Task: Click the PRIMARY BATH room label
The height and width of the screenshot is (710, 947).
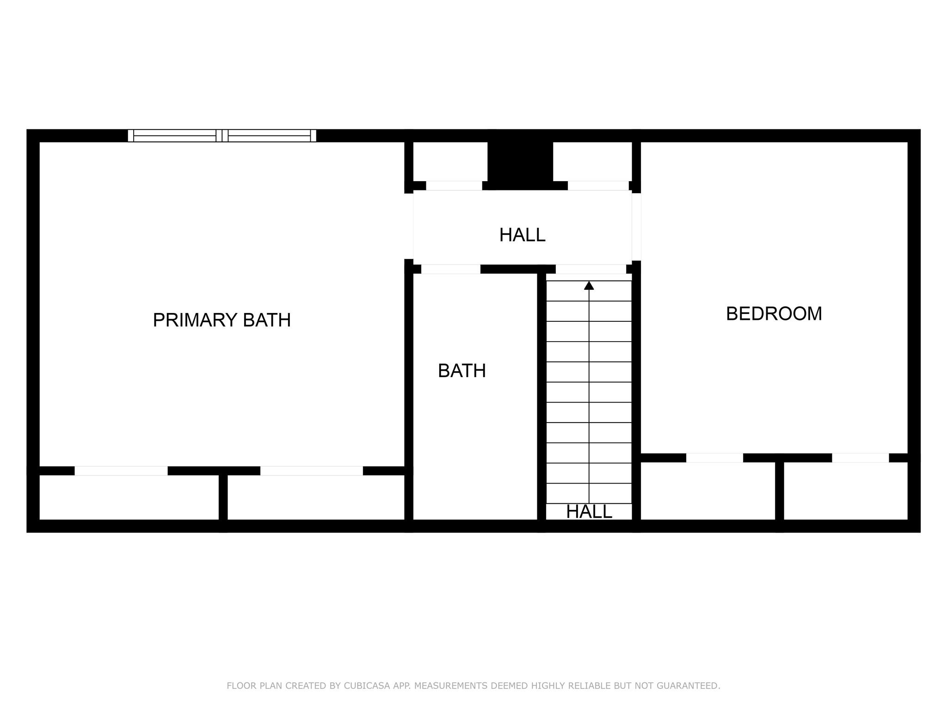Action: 221,320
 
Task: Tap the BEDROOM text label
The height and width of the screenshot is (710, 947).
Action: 774,314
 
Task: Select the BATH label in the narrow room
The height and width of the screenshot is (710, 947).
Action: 461,371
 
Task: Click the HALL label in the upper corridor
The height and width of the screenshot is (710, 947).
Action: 522,235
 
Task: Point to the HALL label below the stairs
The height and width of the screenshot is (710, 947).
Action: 589,512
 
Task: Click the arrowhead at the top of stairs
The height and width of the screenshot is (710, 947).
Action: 589,286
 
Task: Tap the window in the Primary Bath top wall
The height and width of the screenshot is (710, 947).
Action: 222,135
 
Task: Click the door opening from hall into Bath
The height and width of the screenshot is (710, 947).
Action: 451,269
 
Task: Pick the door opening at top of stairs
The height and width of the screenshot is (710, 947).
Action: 590,269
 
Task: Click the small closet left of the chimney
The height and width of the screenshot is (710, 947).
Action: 450,161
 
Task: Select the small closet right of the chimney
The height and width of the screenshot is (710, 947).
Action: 592,161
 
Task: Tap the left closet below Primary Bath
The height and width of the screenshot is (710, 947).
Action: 129,497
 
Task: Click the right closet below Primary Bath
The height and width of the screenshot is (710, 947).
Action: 316,497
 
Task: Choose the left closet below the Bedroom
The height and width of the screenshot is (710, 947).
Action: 707,491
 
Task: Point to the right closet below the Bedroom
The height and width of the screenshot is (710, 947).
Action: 846,491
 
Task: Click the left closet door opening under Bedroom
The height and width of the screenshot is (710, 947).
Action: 714,458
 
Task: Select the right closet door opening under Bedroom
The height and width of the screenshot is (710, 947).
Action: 860,458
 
